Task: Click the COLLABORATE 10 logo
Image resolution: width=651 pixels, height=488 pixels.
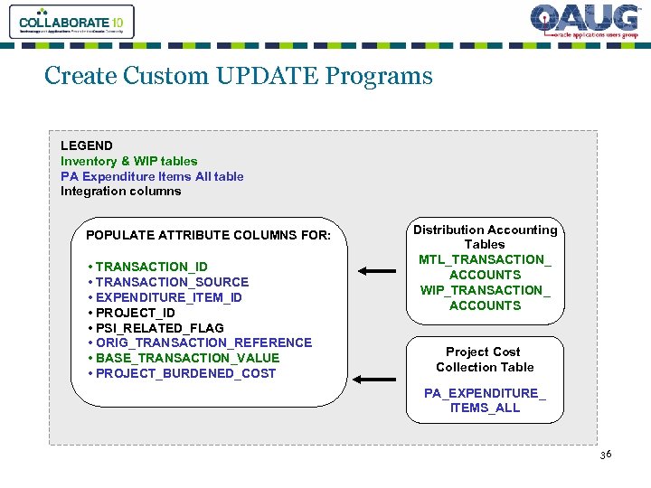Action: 71,22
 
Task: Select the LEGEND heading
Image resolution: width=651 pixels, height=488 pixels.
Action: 87,145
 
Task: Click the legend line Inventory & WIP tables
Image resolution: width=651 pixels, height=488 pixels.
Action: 128,161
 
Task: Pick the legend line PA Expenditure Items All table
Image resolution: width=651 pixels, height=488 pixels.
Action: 152,176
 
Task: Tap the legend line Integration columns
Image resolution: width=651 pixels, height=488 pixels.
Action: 120,191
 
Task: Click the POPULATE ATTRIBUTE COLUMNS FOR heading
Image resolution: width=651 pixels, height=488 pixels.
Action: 209,236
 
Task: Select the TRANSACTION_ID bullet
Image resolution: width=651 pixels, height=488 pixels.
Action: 148,267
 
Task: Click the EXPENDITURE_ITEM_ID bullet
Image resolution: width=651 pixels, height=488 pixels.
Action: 165,297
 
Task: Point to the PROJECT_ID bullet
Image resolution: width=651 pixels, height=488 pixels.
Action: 132,313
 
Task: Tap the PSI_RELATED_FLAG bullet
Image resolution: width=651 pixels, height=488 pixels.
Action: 156,328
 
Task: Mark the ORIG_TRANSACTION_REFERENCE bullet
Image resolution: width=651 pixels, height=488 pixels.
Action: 200,343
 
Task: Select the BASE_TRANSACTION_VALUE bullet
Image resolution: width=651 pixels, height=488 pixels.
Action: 184,358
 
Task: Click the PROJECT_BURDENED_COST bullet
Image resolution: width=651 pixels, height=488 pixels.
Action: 182,373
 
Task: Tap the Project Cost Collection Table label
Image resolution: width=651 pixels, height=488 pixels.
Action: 485,359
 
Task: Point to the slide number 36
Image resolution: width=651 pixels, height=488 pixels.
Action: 605,454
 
